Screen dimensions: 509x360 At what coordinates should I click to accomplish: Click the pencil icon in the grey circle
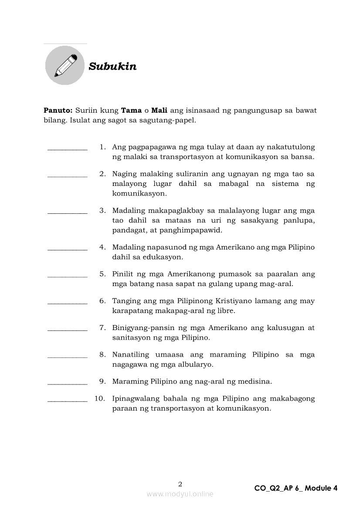pos(65,65)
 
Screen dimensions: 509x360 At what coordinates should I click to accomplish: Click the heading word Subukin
pos(112,66)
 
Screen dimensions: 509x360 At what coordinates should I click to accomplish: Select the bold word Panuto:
pos(58,110)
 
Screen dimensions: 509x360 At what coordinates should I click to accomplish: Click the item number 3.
pos(102,210)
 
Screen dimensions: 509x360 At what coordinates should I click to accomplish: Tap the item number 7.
pos(102,327)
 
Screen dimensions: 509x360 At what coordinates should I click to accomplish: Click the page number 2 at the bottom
pos(180,484)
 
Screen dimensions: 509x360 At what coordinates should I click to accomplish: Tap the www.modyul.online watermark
pos(180,494)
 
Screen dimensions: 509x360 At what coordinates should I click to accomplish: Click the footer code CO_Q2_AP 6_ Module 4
pos(295,488)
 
